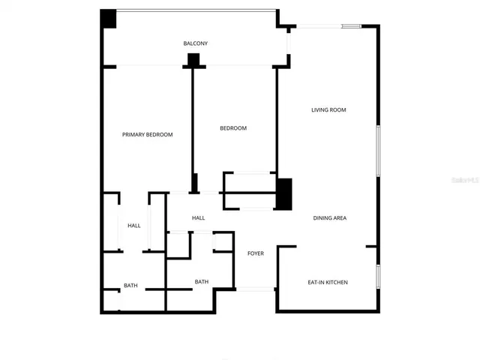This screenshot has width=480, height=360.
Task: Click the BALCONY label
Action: click(195, 43)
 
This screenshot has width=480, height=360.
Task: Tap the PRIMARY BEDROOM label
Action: click(148, 135)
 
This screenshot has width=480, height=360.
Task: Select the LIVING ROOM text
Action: click(328, 110)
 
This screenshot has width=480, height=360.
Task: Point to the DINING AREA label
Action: click(329, 218)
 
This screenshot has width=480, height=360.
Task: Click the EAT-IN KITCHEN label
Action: click(328, 283)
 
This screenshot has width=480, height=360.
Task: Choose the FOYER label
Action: click(256, 253)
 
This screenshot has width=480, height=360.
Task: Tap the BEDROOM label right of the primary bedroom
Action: click(232, 128)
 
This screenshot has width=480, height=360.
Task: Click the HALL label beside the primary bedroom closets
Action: click(133, 226)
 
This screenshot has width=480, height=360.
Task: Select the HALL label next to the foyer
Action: click(198, 218)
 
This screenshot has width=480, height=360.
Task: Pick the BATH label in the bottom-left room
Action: click(130, 286)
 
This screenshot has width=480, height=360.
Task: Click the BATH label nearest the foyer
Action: click(201, 282)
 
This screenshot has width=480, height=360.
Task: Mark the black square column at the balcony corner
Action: click(109, 19)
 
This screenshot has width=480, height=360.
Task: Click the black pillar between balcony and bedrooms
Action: click(194, 60)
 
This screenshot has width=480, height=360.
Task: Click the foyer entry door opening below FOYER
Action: click(256, 289)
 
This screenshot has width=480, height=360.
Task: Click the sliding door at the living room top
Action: click(330, 27)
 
